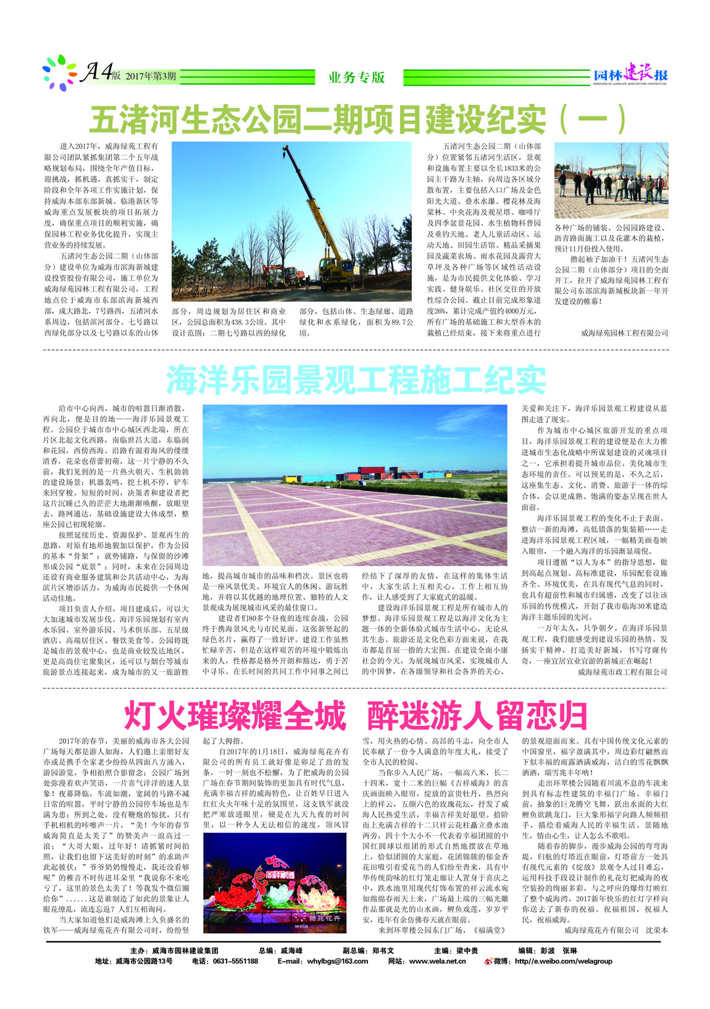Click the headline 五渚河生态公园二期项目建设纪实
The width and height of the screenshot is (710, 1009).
[321, 119]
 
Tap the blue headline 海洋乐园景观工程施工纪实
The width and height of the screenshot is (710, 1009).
[356, 380]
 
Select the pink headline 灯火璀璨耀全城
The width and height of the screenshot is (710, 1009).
[235, 715]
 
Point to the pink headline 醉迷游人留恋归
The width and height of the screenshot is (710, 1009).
[477, 715]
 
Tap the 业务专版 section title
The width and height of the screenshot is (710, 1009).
[357, 77]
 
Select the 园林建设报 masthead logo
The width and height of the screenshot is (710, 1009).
[630, 75]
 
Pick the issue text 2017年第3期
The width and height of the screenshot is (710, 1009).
[151, 77]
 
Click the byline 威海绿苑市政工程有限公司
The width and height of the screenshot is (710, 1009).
[622, 672]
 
